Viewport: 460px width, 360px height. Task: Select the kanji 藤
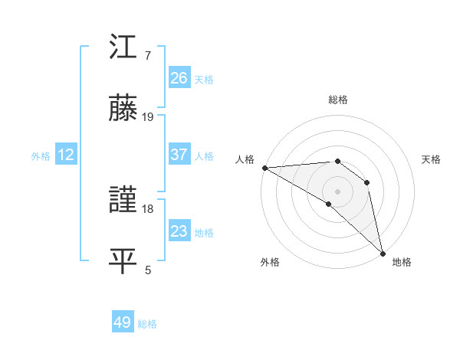click(123, 109)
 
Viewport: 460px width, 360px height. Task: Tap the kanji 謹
click(123, 201)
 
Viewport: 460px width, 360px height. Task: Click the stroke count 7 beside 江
click(147, 56)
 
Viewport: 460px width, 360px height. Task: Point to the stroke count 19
click(148, 117)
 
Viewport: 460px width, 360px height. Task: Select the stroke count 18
click(148, 208)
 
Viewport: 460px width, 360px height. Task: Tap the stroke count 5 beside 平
click(148, 270)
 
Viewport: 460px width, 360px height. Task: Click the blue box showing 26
click(179, 77)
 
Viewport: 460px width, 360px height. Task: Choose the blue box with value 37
click(179, 155)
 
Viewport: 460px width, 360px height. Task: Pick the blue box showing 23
click(179, 231)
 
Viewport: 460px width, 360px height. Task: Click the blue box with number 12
click(66, 155)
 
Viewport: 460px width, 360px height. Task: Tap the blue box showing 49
click(123, 322)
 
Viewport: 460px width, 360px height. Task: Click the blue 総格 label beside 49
click(147, 324)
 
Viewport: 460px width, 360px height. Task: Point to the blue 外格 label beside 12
click(41, 156)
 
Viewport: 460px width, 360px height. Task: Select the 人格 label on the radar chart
click(244, 159)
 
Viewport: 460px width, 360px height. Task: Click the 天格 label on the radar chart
click(432, 159)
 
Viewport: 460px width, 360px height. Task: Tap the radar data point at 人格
click(264, 167)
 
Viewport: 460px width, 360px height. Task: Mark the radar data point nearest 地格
click(383, 252)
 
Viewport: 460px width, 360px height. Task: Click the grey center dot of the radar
click(337, 191)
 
